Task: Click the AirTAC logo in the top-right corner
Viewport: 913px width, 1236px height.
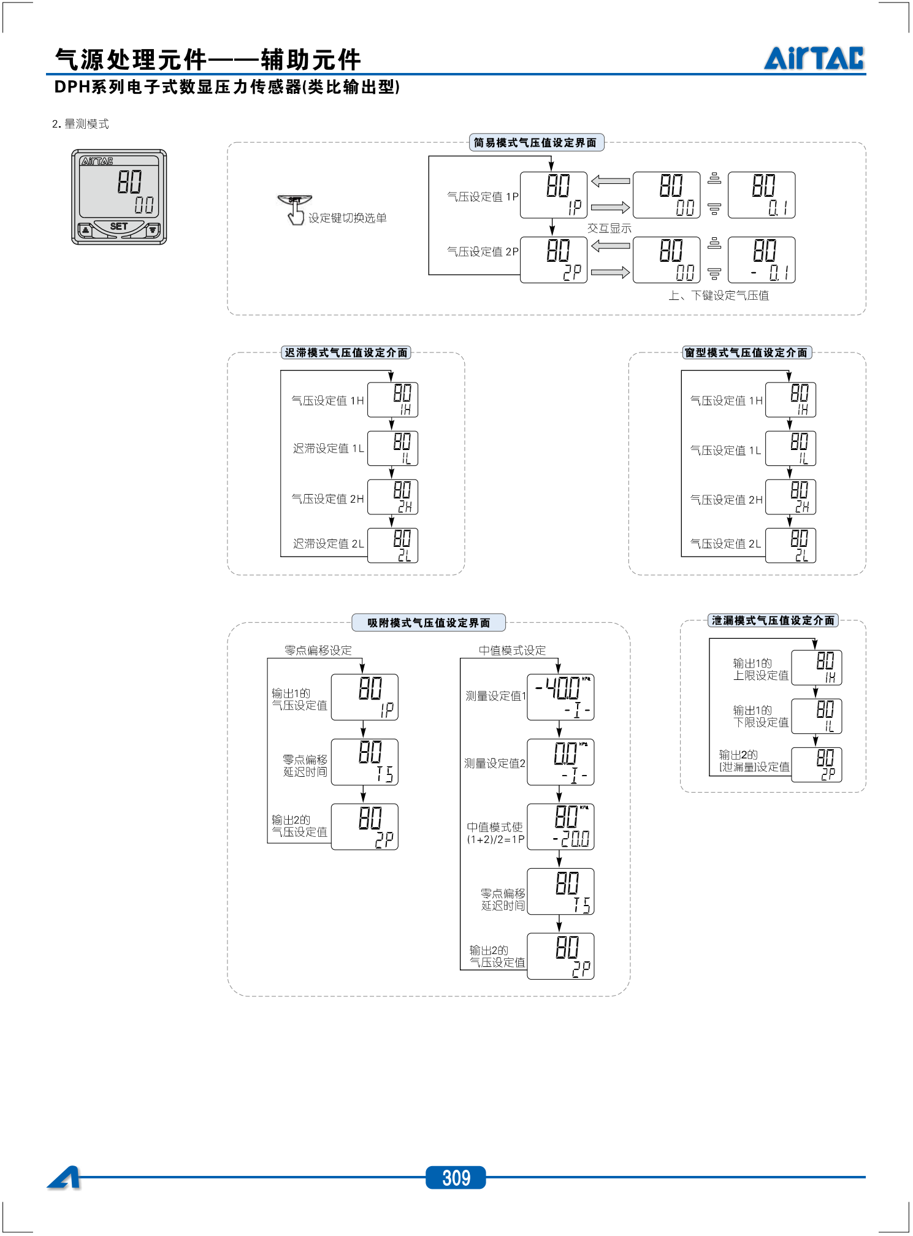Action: (814, 58)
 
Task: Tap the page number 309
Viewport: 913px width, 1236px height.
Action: (456, 1177)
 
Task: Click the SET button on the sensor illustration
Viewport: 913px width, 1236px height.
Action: (119, 227)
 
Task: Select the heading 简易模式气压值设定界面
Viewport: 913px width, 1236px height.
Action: (535, 143)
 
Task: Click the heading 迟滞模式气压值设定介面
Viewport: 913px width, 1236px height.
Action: (346, 353)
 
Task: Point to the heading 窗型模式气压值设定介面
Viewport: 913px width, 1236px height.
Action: (746, 353)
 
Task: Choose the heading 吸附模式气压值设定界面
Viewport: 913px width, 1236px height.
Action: (429, 623)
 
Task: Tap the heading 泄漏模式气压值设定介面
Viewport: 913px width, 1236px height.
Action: (773, 620)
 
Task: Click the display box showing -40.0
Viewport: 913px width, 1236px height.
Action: (560, 697)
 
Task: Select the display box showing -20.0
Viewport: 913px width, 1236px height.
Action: (560, 826)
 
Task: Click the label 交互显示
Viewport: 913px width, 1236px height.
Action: (609, 228)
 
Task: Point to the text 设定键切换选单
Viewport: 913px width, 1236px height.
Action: (347, 218)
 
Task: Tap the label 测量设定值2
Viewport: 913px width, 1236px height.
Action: (495, 763)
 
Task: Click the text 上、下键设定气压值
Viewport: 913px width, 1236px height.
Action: (719, 296)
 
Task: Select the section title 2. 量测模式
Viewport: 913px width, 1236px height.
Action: (80, 124)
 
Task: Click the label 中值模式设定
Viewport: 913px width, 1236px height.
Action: (512, 650)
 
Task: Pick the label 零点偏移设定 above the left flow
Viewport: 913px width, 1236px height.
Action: (318, 650)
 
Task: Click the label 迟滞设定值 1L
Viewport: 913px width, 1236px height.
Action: (328, 449)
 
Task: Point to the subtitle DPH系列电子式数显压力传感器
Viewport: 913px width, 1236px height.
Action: (227, 87)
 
